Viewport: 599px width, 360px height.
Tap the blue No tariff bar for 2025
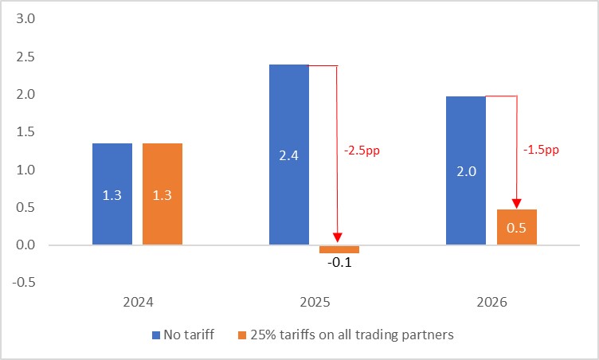(289, 155)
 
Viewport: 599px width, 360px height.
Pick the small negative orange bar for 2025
(339, 248)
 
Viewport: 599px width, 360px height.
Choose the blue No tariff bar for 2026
(466, 170)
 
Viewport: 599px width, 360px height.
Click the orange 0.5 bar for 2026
(516, 227)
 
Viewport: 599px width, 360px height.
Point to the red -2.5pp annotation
(362, 150)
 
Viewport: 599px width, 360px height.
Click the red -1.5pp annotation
(541, 150)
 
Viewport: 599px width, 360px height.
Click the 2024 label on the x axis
(138, 303)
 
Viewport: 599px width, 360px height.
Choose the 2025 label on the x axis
(315, 303)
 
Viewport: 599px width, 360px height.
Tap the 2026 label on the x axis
(491, 303)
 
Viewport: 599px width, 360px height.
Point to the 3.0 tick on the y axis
(26, 19)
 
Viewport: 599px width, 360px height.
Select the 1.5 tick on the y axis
(26, 132)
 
